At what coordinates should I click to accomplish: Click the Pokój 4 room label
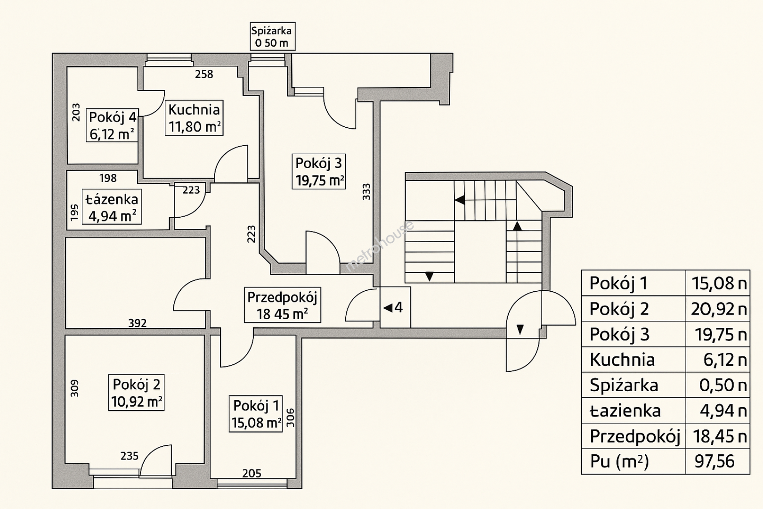pyautogui.click(x=113, y=125)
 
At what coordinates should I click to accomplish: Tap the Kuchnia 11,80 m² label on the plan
pyautogui.click(x=194, y=118)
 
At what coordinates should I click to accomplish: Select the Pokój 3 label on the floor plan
pyautogui.click(x=319, y=172)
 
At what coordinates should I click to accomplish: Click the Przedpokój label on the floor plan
pyautogui.click(x=282, y=305)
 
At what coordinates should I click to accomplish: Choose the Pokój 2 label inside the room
pyautogui.click(x=137, y=393)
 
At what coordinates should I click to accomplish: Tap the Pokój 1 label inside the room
pyautogui.click(x=256, y=414)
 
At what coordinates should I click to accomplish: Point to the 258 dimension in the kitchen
pyautogui.click(x=204, y=74)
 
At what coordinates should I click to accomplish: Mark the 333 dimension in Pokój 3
pyautogui.click(x=366, y=191)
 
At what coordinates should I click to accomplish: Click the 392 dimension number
pyautogui.click(x=138, y=323)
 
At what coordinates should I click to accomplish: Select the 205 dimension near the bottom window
pyautogui.click(x=252, y=473)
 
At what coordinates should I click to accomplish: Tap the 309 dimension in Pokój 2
pyautogui.click(x=75, y=388)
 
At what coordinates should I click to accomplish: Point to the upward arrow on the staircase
pyautogui.click(x=517, y=226)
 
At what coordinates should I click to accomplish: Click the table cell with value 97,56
pyautogui.click(x=714, y=461)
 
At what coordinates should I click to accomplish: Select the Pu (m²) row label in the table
pyautogui.click(x=619, y=461)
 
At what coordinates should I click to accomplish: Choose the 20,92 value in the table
pyautogui.click(x=718, y=309)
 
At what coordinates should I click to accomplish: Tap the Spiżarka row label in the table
pyautogui.click(x=624, y=385)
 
